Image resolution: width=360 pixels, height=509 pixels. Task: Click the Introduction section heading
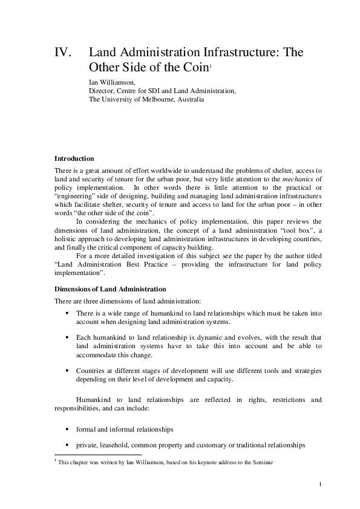click(74, 158)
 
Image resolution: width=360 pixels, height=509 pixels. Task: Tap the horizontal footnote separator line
click(97, 455)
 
